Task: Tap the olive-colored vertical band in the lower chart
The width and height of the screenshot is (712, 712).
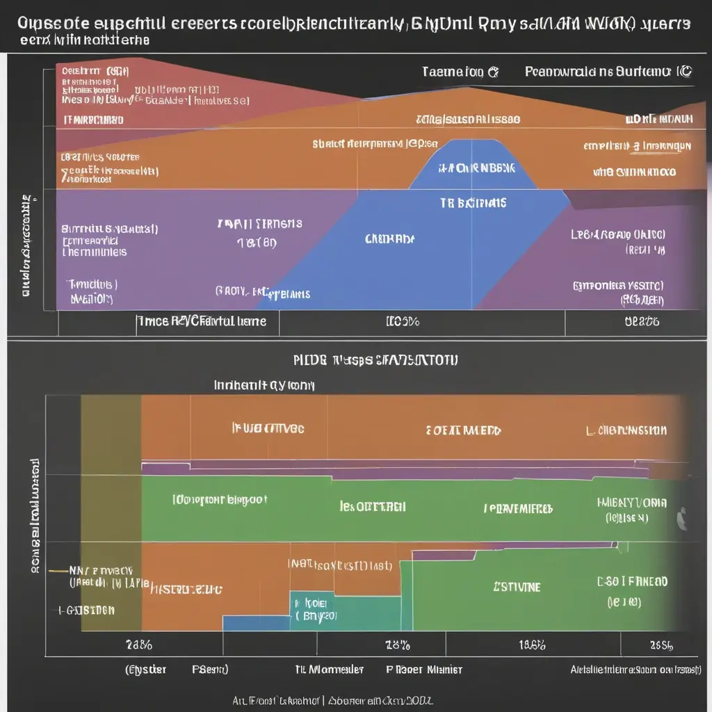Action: (111, 515)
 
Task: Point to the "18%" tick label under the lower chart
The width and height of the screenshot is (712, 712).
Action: (397, 645)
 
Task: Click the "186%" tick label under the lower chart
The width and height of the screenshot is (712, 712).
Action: (532, 645)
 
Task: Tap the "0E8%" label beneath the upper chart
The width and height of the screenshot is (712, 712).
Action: (641, 322)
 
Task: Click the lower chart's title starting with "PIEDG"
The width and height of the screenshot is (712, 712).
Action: (376, 360)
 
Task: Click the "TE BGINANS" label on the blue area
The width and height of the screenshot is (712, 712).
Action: (473, 203)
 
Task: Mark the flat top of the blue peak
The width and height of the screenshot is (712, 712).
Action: (473, 141)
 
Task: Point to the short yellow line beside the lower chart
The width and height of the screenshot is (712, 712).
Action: (58, 569)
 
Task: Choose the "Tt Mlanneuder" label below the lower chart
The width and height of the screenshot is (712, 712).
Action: (328, 670)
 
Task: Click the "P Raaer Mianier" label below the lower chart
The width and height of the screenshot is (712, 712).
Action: (424, 670)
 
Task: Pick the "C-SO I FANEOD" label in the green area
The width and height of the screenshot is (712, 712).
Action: (632, 581)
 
